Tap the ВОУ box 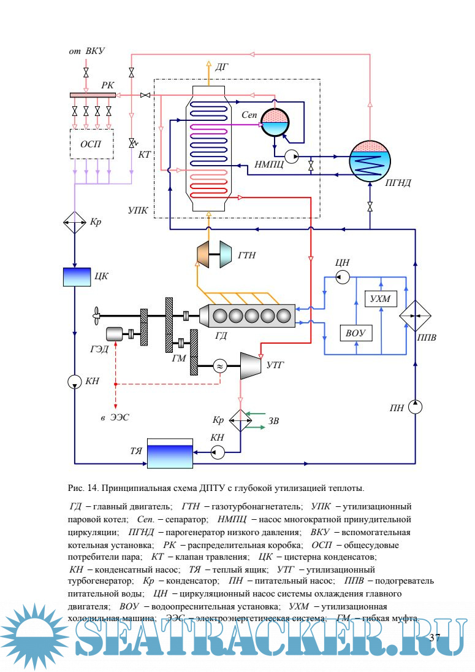click(x=355, y=333)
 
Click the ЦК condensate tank click(x=77, y=277)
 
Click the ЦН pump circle click(x=343, y=278)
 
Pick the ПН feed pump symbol click(x=415, y=406)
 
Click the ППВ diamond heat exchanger click(x=415, y=315)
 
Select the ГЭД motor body click(x=115, y=334)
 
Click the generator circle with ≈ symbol click(x=219, y=366)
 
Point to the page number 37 click(x=435, y=638)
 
